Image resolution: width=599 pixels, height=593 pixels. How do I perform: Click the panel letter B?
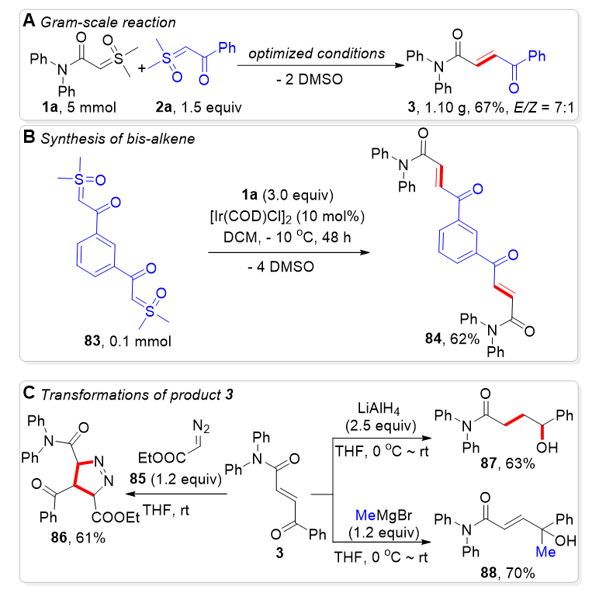coord(28,140)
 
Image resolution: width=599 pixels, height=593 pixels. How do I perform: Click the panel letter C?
coord(29,393)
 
